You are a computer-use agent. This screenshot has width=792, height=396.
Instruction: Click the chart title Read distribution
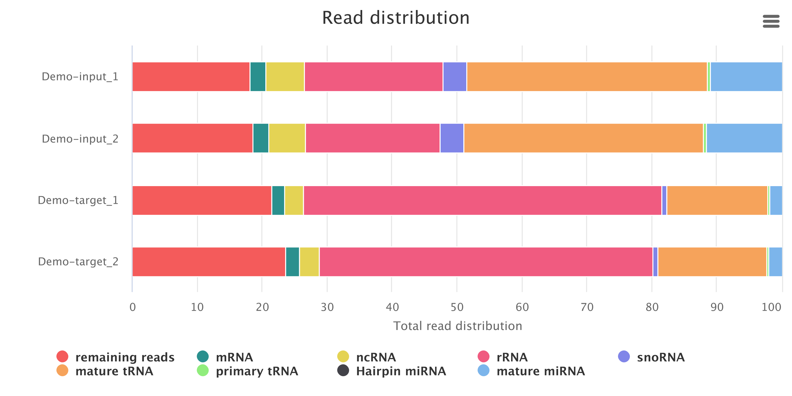396,18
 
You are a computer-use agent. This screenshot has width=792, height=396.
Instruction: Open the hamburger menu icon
771,21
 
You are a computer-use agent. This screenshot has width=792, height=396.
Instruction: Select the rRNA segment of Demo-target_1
482,200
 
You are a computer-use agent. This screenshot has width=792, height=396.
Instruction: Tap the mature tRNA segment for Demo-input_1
587,77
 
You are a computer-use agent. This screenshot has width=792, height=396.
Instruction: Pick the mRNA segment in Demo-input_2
261,138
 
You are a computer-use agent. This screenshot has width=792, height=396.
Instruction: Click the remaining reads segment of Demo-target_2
209,262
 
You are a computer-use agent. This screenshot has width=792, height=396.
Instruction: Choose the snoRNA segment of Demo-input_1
455,77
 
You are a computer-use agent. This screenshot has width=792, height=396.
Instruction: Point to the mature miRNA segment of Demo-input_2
744,138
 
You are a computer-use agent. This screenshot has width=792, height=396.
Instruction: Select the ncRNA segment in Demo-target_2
309,262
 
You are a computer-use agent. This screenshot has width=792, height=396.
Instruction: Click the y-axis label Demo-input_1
80,77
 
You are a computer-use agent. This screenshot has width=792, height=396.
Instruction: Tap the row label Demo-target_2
78,262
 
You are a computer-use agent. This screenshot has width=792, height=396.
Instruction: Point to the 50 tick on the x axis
457,307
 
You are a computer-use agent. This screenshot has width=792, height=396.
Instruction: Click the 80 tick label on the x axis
652,307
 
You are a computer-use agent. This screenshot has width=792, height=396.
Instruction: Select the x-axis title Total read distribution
458,326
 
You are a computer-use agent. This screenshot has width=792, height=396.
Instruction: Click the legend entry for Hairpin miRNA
400,371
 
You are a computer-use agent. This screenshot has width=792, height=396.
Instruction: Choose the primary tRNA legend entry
257,371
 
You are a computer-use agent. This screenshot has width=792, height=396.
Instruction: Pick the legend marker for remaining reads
62,357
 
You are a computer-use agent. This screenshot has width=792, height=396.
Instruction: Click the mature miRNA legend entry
540,371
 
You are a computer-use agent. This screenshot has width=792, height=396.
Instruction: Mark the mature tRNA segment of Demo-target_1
717,200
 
